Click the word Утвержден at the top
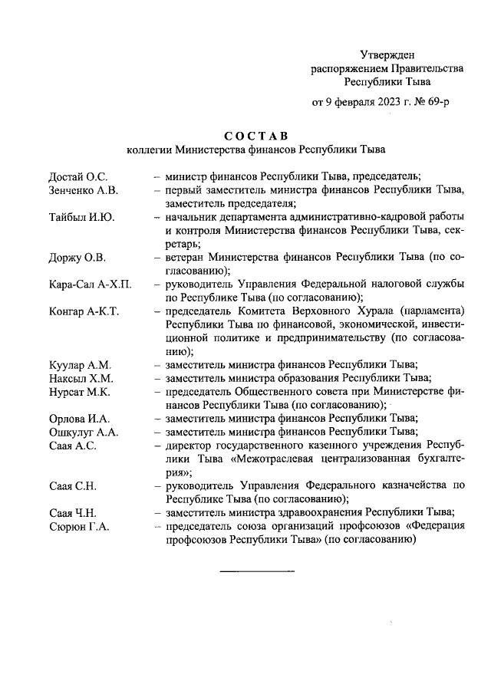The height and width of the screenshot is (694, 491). (387, 54)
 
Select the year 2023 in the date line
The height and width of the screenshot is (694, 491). (378, 101)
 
